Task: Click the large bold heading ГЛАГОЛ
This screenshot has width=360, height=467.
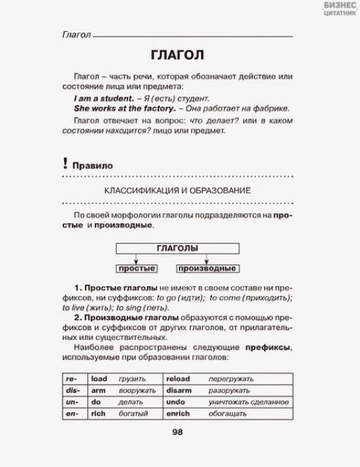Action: [177, 56]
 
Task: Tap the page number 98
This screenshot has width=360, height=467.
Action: [178, 432]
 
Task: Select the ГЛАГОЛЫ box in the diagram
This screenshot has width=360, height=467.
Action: [177, 248]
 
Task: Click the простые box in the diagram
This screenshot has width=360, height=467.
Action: [137, 269]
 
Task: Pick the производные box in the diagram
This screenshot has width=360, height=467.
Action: [207, 269]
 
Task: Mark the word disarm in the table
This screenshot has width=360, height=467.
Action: [179, 390]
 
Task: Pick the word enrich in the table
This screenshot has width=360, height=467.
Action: [178, 414]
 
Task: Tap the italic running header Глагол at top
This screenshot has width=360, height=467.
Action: [77, 35]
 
